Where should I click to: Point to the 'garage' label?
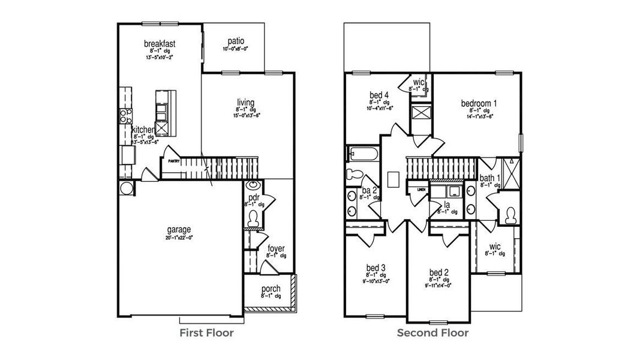(x=179, y=229)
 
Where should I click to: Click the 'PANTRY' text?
(x=174, y=161)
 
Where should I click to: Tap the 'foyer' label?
(x=276, y=248)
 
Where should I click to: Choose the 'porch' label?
(x=271, y=289)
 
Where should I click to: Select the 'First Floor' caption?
(x=207, y=332)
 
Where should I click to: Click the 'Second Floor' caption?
(x=433, y=332)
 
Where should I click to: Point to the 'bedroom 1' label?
(x=479, y=103)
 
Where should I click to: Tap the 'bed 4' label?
(x=380, y=94)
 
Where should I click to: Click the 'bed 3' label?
(x=375, y=268)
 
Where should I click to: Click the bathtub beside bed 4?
(x=362, y=154)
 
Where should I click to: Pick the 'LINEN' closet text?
(x=422, y=190)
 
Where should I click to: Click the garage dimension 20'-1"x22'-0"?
(x=179, y=238)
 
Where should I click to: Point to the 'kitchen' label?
(x=144, y=130)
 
